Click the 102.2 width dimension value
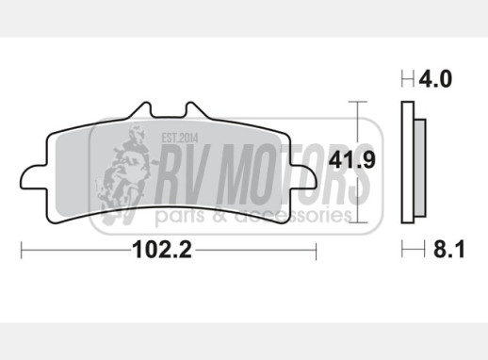(x=162, y=250)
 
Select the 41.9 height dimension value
(x=351, y=159)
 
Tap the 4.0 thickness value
(x=435, y=79)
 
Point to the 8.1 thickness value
(x=448, y=250)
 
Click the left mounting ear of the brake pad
(x=33, y=177)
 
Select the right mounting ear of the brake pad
(x=303, y=177)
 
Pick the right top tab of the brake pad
(x=196, y=110)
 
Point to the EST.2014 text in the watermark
(x=180, y=138)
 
